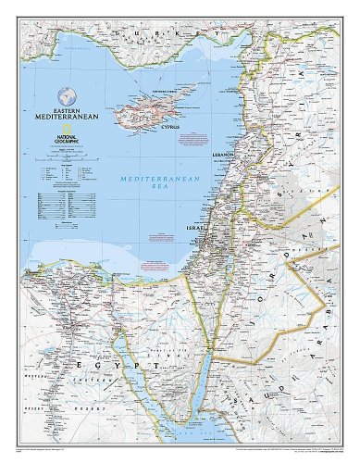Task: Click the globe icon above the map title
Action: click(66, 94)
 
